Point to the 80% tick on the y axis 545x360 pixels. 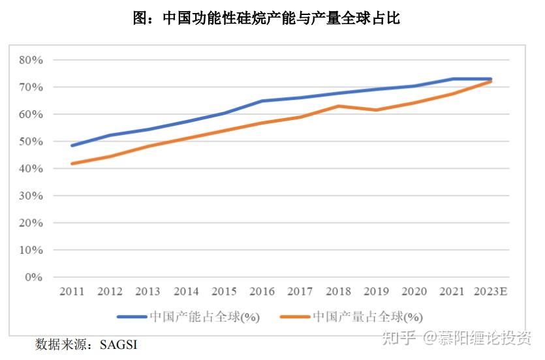pyautogui.click(x=31, y=60)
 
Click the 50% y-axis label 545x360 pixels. pyautogui.click(x=31, y=142)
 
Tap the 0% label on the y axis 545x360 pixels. pyautogui.click(x=33, y=277)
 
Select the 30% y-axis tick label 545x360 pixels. pyautogui.click(x=31, y=196)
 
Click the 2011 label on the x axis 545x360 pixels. pyautogui.click(x=72, y=292)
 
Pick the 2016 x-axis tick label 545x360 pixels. pyautogui.click(x=262, y=292)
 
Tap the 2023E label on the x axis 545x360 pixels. pyautogui.click(x=491, y=292)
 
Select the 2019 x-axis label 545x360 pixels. pyautogui.click(x=377, y=292)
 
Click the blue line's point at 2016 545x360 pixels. pyautogui.click(x=262, y=101)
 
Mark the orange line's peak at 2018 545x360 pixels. pyautogui.click(x=339, y=106)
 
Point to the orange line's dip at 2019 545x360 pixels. pyautogui.click(x=377, y=110)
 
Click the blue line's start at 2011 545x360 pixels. pyautogui.click(x=72, y=145)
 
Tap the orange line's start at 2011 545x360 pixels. pyautogui.click(x=72, y=164)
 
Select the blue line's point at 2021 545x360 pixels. pyautogui.click(x=453, y=79)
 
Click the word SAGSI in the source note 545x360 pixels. pyautogui.click(x=119, y=344)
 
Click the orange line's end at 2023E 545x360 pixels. pyautogui.click(x=491, y=82)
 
